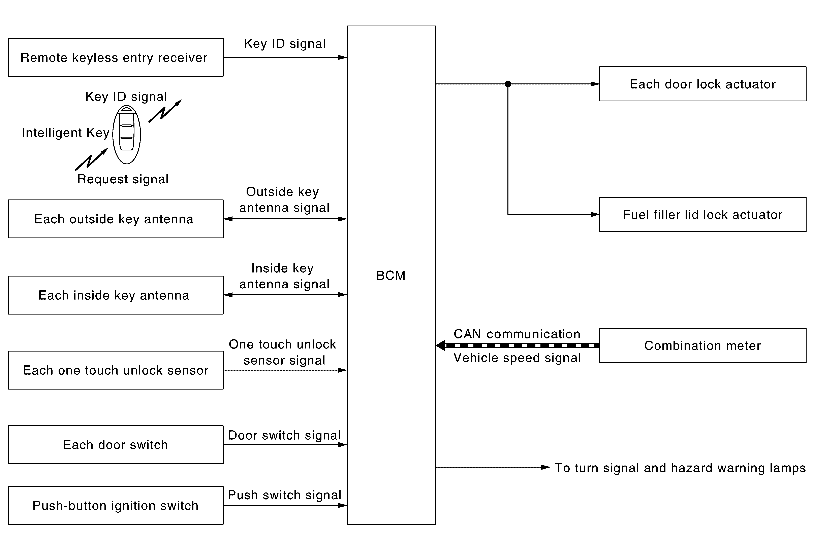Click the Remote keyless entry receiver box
pyautogui.click(x=116, y=57)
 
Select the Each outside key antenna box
pyautogui.click(x=116, y=219)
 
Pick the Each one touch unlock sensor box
pyautogui.click(x=116, y=370)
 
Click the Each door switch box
pyautogui.click(x=116, y=444)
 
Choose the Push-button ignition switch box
pyautogui.click(x=116, y=505)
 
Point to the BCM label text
pyautogui.click(x=391, y=276)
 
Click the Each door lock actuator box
pyautogui.click(x=702, y=84)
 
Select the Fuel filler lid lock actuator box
pyautogui.click(x=702, y=214)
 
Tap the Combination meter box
pyautogui.click(x=702, y=345)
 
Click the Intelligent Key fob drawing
pyautogui.click(x=127, y=135)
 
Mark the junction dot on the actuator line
pyautogui.click(x=508, y=84)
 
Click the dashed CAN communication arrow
pyautogui.click(x=518, y=345)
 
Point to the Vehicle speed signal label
pyautogui.click(x=517, y=358)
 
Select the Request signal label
pyautogui.click(x=123, y=179)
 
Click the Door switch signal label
pyautogui.click(x=284, y=435)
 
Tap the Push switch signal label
pyautogui.click(x=284, y=495)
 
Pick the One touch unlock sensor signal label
pyautogui.click(x=283, y=352)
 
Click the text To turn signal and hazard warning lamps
pyautogui.click(x=680, y=468)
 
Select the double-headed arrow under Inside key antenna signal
pyautogui.click(x=285, y=295)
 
